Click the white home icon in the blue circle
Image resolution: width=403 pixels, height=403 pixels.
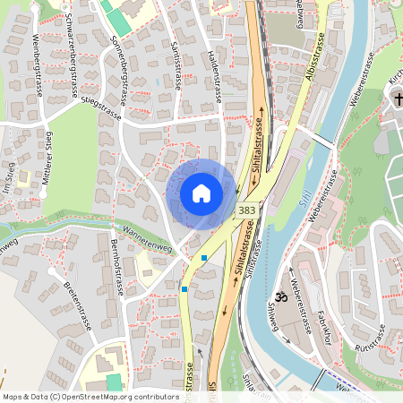(x=201, y=193)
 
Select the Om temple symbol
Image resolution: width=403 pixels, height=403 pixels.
(x=279, y=296)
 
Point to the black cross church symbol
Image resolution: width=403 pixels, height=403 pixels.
(x=395, y=99)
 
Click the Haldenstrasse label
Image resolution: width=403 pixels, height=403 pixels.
(x=214, y=70)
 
